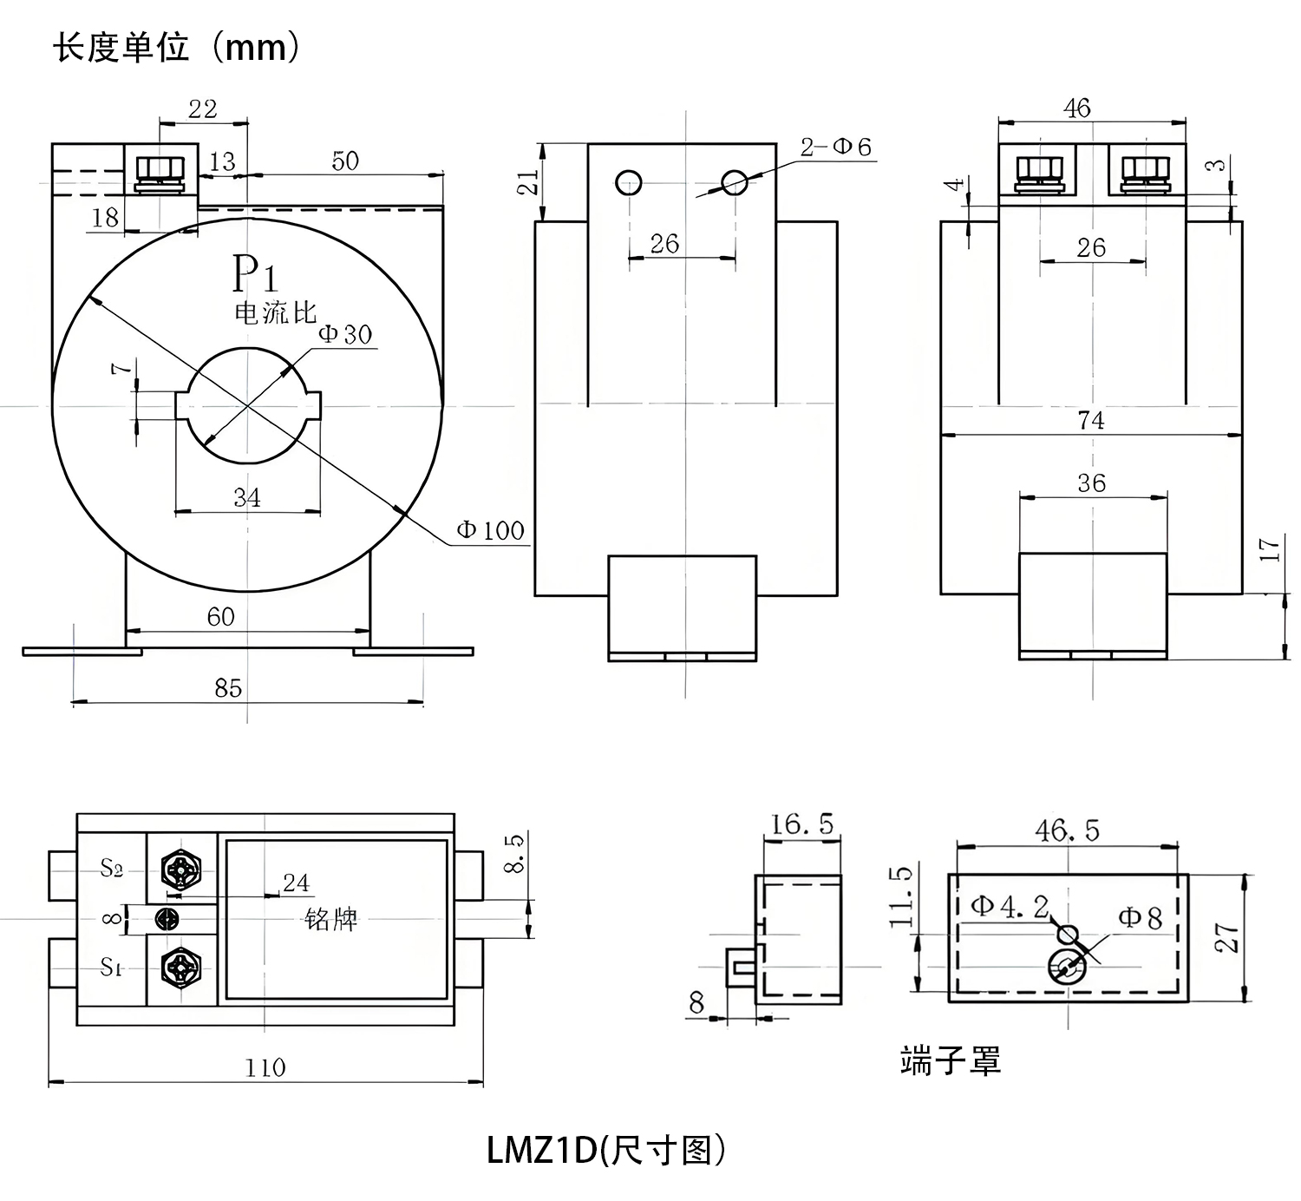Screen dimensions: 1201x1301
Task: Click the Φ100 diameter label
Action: (490, 530)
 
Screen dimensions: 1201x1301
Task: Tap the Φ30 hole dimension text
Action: (345, 334)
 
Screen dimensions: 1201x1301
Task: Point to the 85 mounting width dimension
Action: (228, 688)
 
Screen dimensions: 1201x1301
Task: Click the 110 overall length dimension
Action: (265, 1067)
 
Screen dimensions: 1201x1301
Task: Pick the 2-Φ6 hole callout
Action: (835, 148)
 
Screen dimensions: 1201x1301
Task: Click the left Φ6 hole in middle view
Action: (628, 182)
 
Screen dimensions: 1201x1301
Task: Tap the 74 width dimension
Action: (1090, 421)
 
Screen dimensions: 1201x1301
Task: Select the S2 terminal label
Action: (111, 867)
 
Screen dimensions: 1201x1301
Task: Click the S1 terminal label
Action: (111, 967)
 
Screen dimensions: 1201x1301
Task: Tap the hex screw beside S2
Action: (181, 868)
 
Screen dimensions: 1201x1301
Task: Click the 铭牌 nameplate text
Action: (331, 919)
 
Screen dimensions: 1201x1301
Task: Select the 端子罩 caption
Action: (951, 1060)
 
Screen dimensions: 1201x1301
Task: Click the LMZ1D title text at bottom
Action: (605, 1150)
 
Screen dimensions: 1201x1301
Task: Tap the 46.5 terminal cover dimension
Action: (1067, 830)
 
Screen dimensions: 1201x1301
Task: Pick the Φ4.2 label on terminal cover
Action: (1009, 907)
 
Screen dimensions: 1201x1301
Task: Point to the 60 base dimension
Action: (220, 617)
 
